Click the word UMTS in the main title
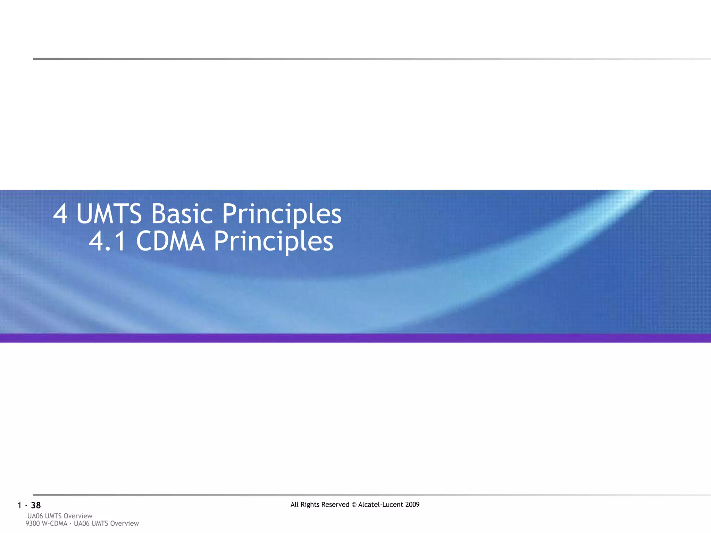109,214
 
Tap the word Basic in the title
182,214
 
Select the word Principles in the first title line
281,214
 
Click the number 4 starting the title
60,214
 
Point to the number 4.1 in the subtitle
107,241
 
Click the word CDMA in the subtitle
170,241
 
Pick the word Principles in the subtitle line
273,241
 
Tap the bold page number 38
36,506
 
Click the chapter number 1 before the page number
19,506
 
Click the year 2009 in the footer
412,505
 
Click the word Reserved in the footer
335,505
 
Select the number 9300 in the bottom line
33,524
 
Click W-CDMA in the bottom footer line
54,524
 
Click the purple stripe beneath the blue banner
355,338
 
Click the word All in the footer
294,505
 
